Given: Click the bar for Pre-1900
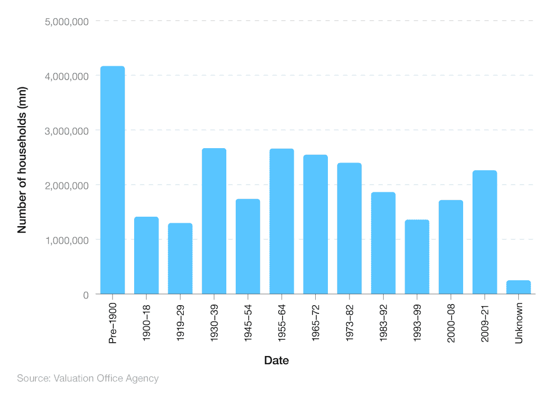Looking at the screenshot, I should tap(113, 180).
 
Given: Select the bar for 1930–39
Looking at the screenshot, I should tap(214, 221).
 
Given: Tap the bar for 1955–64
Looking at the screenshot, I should tap(282, 221).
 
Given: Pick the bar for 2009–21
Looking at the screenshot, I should tap(485, 232).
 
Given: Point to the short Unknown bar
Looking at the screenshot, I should tap(518, 287).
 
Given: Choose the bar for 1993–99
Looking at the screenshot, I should tap(417, 257).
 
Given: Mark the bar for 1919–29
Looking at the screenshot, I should tap(180, 259).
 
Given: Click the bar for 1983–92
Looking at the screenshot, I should tap(383, 243).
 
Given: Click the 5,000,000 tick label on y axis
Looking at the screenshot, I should tap(66, 22).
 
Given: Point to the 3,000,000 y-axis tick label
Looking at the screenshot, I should tap(66, 131).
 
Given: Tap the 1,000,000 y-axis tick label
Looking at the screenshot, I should tap(66, 240).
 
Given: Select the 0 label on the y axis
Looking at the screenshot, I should tap(86, 295).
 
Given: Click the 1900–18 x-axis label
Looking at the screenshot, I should tap(147, 323).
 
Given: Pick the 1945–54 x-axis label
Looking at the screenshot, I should tap(248, 323).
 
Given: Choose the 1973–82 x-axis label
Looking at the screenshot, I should tap(349, 323).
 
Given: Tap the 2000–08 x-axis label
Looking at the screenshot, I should tap(451, 323).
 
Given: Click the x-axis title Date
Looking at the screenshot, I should tap(277, 361).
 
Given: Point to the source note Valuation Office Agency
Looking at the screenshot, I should tap(88, 379).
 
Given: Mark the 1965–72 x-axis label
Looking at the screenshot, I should tap(316, 323).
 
